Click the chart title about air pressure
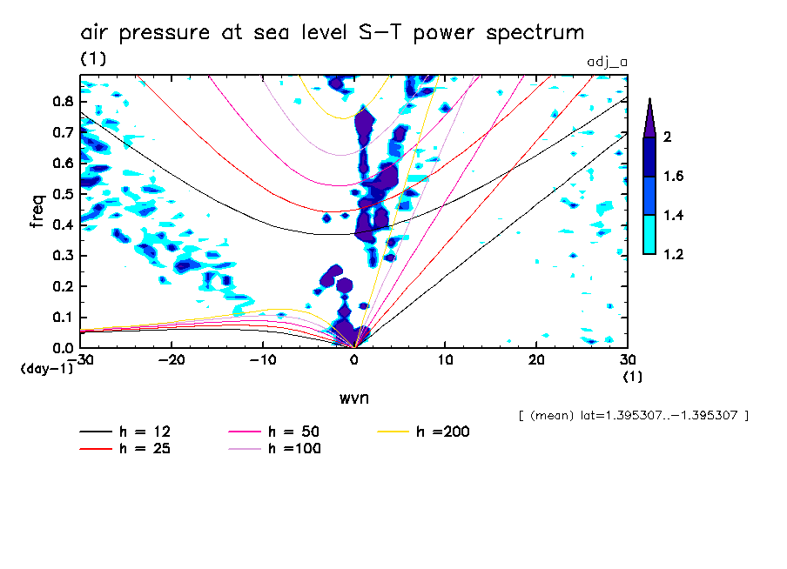tap(332, 33)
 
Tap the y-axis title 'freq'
tap(37, 211)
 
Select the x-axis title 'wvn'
tap(353, 398)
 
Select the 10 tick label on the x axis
tap(445, 360)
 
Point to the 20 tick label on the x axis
tap(536, 360)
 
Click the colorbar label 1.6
tap(674, 177)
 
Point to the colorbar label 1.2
tap(674, 254)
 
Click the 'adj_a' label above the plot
tap(608, 61)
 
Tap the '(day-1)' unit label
tap(46, 369)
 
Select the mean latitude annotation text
tap(633, 416)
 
